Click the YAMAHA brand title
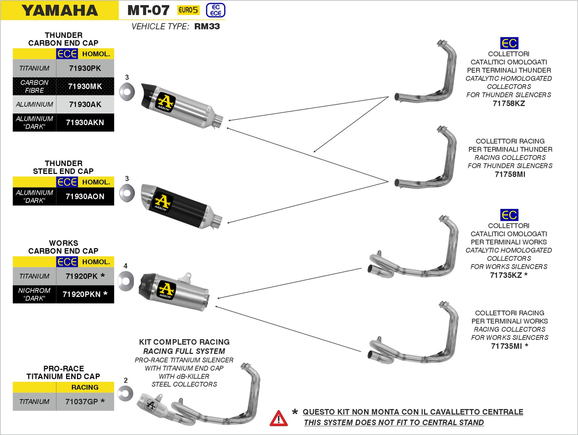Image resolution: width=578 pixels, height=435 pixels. click(60, 10)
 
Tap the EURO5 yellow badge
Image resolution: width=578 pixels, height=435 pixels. click(188, 10)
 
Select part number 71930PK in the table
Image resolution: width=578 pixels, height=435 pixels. click(85, 68)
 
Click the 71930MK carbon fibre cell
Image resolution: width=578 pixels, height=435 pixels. click(85, 86)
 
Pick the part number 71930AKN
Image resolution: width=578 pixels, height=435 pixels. click(85, 123)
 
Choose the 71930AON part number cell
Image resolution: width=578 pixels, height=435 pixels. click(85, 196)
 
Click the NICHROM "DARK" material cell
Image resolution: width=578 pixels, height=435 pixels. click(34, 294)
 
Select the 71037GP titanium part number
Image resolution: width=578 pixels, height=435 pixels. click(85, 401)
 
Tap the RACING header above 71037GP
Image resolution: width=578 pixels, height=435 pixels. click(85, 387)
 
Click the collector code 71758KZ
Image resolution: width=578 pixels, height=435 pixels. click(509, 103)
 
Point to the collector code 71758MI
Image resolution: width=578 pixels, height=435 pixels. click(510, 174)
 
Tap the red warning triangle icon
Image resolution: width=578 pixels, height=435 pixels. click(279, 418)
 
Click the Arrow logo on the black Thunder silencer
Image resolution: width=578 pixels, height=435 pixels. click(163, 203)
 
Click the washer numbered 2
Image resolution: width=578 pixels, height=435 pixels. click(125, 393)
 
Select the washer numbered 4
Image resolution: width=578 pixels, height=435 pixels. click(125, 281)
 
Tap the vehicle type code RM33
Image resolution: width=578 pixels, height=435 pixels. click(207, 26)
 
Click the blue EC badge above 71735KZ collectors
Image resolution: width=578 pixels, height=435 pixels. click(509, 215)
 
